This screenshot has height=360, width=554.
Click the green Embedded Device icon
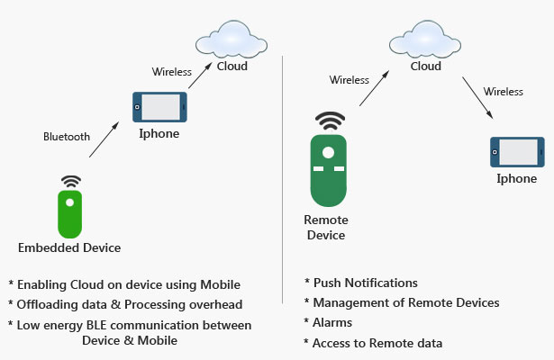69,213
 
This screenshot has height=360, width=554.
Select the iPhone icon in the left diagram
159,107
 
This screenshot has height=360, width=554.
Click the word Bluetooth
67,137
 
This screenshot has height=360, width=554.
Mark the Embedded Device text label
69,247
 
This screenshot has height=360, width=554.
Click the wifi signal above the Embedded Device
69,181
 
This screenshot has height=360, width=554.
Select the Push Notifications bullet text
361,283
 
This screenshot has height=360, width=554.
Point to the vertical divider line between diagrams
283,180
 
